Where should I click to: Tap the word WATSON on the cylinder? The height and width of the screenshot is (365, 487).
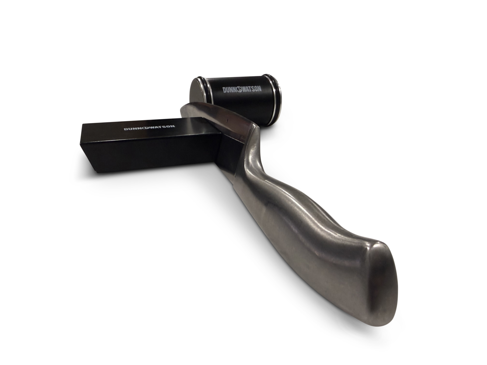click(252, 89)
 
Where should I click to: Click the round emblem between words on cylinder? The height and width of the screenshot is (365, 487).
click(239, 89)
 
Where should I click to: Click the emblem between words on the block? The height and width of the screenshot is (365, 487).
click(145, 128)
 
